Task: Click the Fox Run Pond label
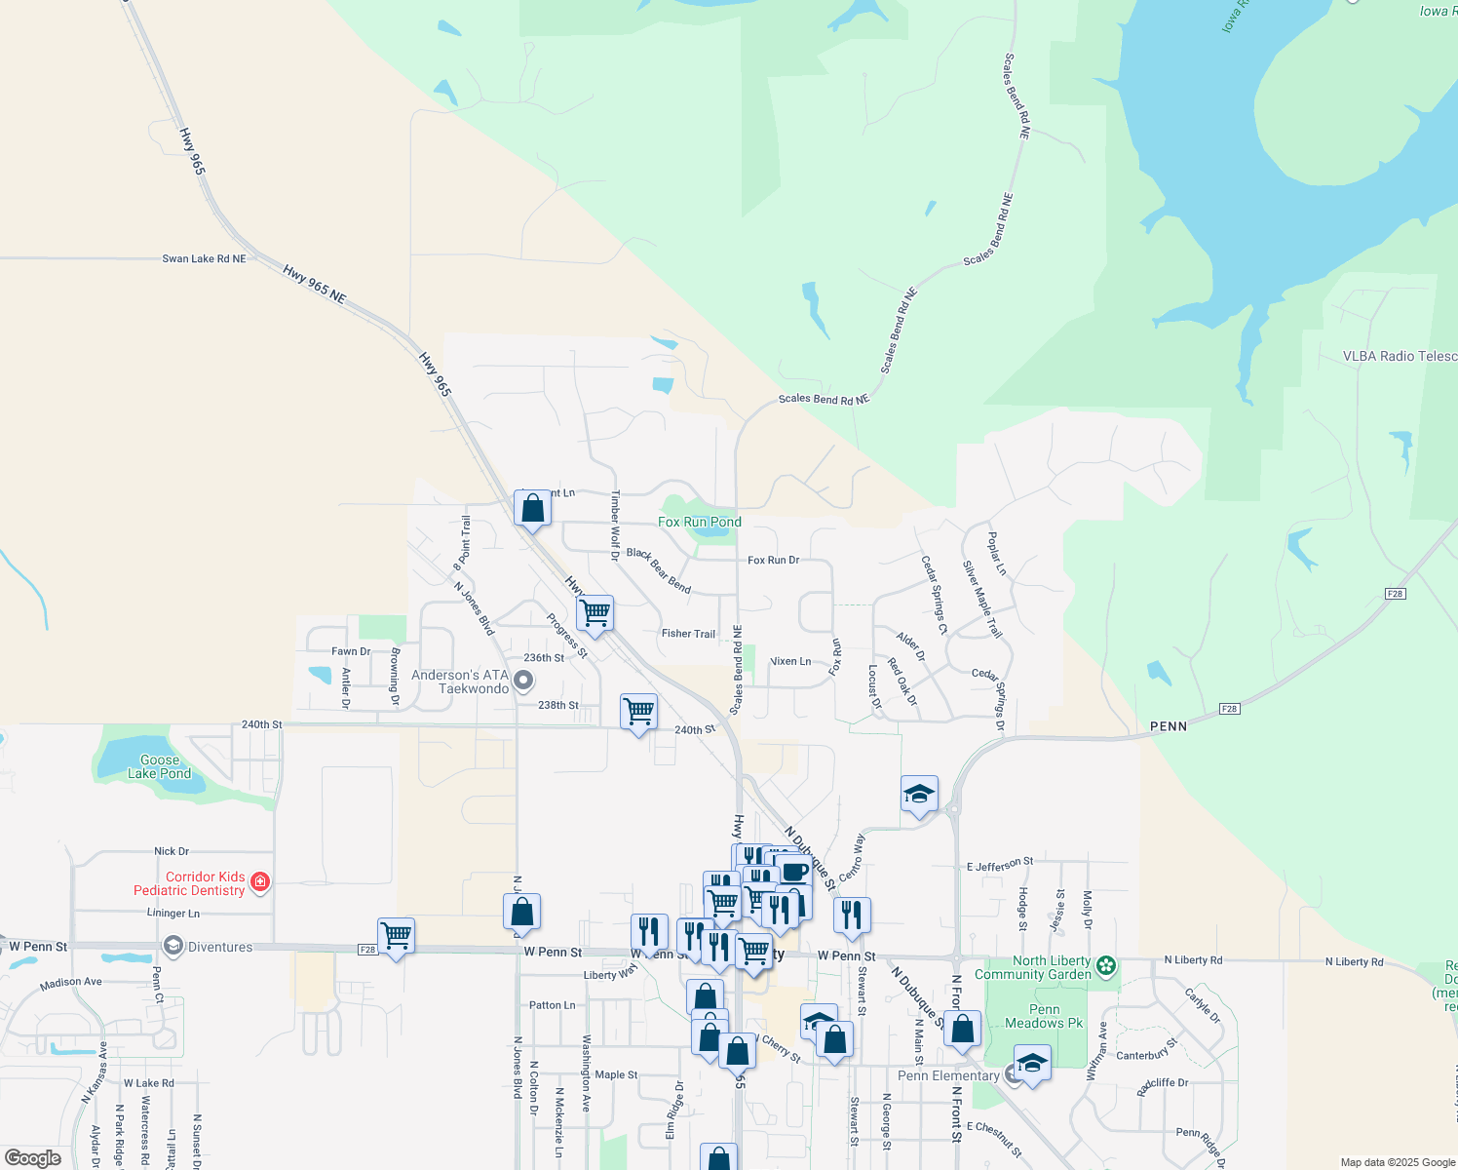tap(699, 523)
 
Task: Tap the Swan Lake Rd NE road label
tap(204, 259)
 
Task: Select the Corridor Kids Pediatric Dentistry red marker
tap(259, 882)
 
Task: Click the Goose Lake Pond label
tap(160, 766)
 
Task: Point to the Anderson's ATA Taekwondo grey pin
tap(523, 681)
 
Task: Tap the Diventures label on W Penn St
tap(219, 947)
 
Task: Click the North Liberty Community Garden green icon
tap(1105, 966)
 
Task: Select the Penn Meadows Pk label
tap(1044, 1017)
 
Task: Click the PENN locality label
tap(1168, 726)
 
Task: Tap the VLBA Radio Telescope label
tap(1400, 357)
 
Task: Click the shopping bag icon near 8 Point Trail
tap(532, 508)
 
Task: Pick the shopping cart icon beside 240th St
tap(638, 712)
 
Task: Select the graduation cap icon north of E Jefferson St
tap(919, 794)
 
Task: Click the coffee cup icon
tap(794, 871)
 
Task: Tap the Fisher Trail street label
tap(688, 634)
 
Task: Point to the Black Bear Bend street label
tap(659, 570)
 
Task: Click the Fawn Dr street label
tap(351, 651)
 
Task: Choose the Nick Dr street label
tap(172, 851)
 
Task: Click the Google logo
tap(33, 1158)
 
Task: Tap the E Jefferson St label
tap(1000, 864)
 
